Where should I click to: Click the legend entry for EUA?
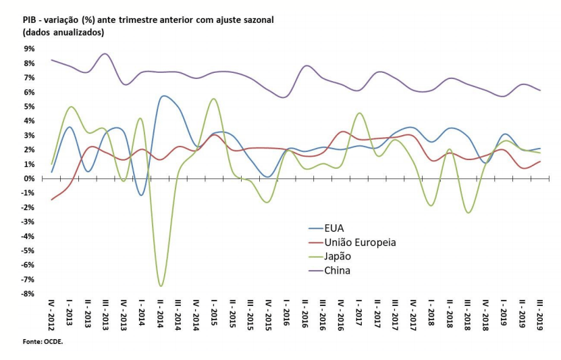point(334,228)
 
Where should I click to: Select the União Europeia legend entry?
point(360,242)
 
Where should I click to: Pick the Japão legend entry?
point(338,257)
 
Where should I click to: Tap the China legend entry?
point(337,271)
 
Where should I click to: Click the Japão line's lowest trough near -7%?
point(161,286)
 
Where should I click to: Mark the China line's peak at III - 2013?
point(105,54)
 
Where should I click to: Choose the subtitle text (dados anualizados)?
point(63,32)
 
